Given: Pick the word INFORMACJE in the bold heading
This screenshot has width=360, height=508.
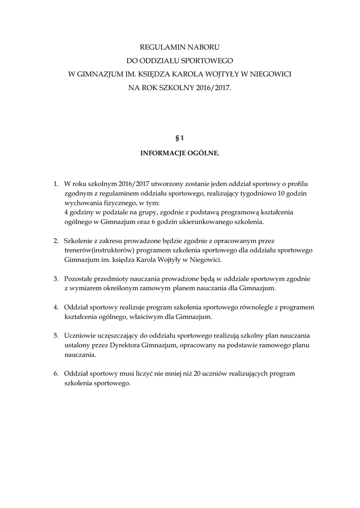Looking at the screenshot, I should pyautogui.click(x=161, y=154).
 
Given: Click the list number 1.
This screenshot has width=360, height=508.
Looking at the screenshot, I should pyautogui.click(x=56, y=184).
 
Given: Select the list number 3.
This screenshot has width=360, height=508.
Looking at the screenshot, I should pyautogui.click(x=56, y=279).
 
